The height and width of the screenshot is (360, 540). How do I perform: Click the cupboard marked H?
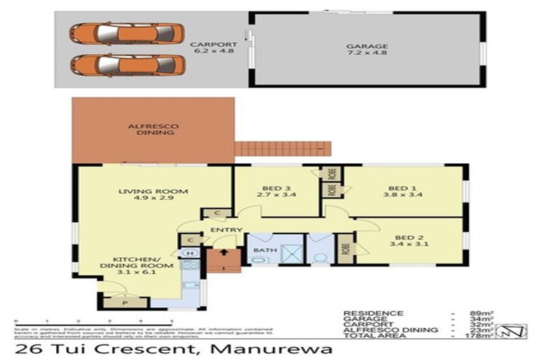tap(190, 253)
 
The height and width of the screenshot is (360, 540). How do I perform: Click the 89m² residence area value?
tap(482, 313)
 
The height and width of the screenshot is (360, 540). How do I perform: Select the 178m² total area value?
tap(480, 336)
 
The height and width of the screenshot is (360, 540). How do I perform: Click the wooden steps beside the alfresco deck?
tap(282, 149)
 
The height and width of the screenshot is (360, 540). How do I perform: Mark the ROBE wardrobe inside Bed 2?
tap(345, 248)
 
